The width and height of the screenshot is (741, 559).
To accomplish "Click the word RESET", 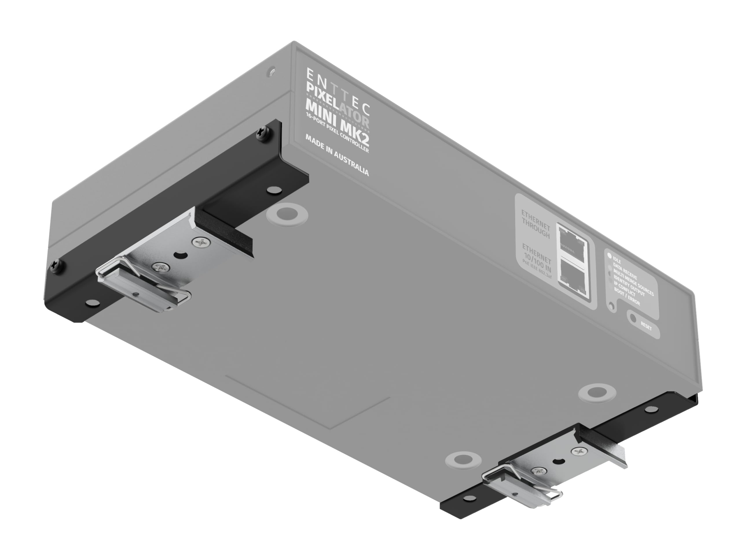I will [x=646, y=326].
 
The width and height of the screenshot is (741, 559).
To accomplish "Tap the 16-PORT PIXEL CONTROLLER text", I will [x=337, y=133].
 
